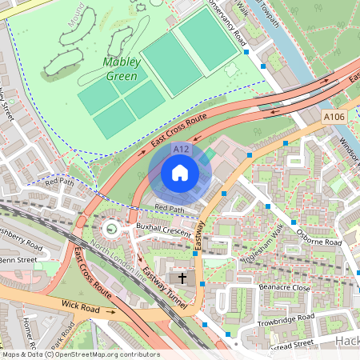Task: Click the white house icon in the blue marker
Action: (180, 173)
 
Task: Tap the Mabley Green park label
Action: (121, 70)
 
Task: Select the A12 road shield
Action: (181, 150)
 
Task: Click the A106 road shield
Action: (334, 118)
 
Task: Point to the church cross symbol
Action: (182, 278)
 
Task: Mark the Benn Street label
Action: (18, 260)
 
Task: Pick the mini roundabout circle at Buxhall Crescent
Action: (110, 230)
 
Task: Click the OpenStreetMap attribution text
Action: (81, 354)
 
